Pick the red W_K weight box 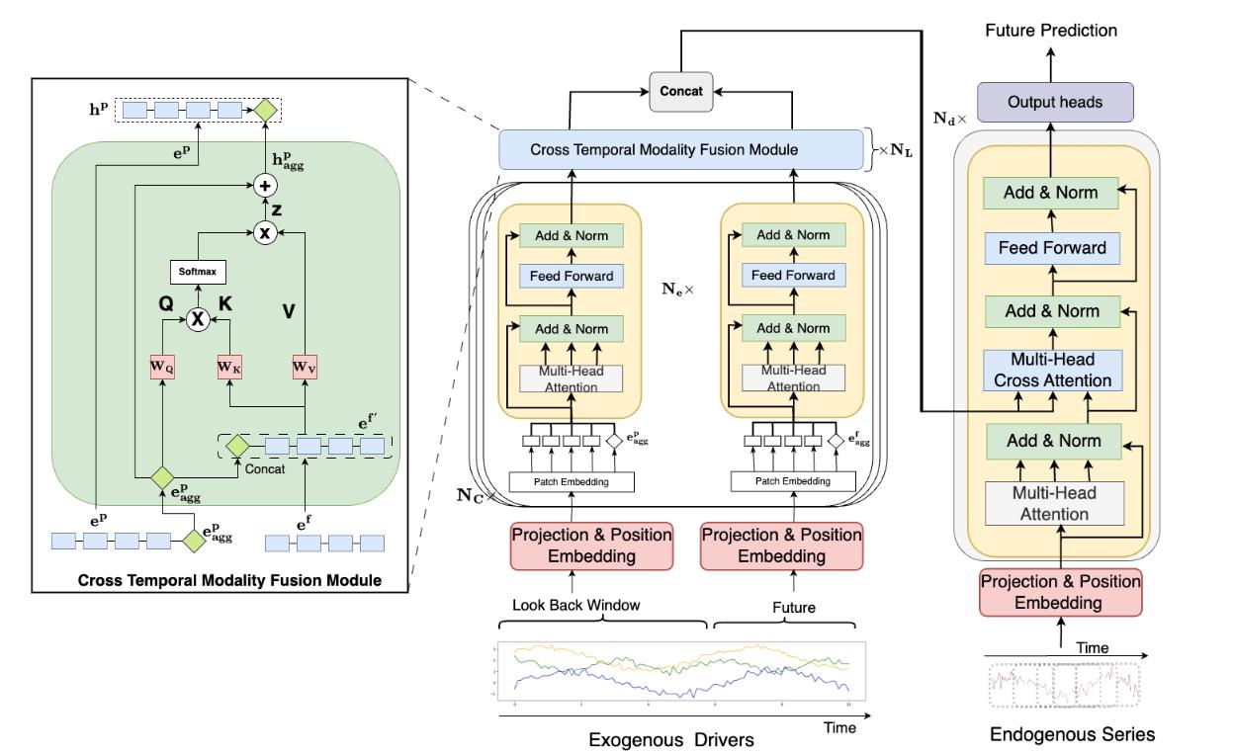pos(229,367)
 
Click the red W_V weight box pos(305,367)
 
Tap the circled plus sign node pos(265,187)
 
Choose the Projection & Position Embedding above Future pos(781,546)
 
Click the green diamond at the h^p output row pos(265,110)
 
